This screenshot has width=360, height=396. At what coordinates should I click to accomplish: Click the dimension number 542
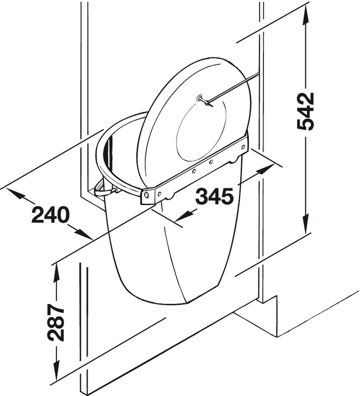click(x=306, y=112)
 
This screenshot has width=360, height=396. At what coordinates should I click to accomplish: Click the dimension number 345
click(x=215, y=196)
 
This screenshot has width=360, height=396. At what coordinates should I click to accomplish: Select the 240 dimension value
click(x=50, y=214)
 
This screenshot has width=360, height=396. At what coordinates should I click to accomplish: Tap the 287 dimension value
click(x=56, y=323)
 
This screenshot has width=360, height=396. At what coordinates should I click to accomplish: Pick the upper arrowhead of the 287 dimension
click(x=56, y=271)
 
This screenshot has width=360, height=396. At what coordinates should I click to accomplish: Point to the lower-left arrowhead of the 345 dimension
click(x=187, y=215)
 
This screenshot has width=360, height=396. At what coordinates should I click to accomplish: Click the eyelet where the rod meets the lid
click(x=200, y=98)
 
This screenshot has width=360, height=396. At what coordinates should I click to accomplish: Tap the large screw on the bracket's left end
click(x=146, y=195)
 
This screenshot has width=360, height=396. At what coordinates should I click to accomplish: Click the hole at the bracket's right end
click(x=243, y=146)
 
